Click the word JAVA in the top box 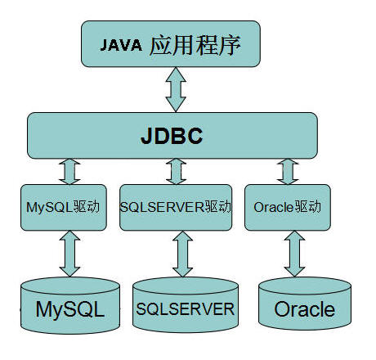121,45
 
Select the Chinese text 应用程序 195,45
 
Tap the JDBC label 172,136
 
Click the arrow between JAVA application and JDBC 176,90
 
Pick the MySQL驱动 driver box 64,207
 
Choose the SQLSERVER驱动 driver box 176,207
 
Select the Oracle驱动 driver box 288,207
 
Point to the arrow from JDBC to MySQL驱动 69,172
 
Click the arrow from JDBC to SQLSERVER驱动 176,172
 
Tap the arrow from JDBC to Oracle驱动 288,172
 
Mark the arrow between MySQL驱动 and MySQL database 69,254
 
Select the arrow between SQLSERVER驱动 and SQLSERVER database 182,254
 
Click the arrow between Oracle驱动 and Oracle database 294,254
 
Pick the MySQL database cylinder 70,305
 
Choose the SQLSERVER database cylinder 186,304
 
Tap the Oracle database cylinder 305,304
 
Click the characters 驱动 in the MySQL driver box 87,207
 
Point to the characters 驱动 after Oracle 307,207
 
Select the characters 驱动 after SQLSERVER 218,207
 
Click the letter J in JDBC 146,136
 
